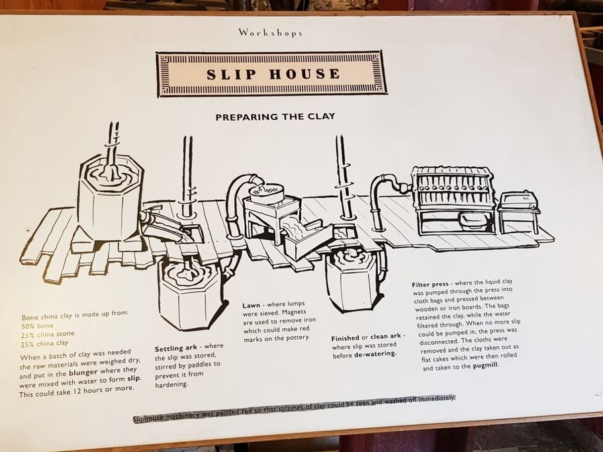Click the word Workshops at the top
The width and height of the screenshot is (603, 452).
[x=270, y=32]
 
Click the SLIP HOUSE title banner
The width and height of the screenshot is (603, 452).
[x=272, y=74]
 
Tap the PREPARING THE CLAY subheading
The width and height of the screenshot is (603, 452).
[x=275, y=116]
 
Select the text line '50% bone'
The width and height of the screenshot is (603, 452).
[x=38, y=326]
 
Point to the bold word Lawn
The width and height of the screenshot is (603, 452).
[x=251, y=306]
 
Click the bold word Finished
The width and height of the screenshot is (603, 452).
[x=345, y=338]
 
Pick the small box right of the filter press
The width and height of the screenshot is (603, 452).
[x=518, y=210]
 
